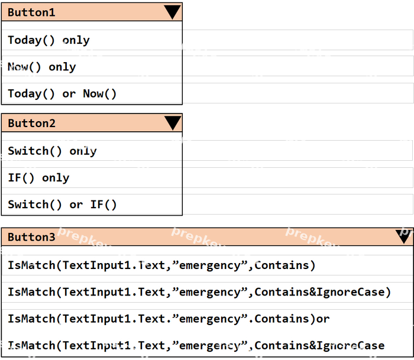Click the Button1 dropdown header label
pos(31,12)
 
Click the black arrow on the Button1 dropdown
pos(173,12)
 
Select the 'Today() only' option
pos(48,40)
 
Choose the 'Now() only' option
pos(42,67)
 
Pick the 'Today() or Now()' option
pos(62,94)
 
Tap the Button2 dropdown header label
pos(32,124)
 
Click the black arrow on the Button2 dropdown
pos(173,124)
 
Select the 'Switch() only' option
pos(52,151)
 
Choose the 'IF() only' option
pos(38,178)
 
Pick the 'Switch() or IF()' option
pos(62,205)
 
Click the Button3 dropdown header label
pos(31,237)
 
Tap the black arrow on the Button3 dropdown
pos(403,236)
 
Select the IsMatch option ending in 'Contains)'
pos(161,265)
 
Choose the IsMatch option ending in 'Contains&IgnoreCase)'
pos(199,293)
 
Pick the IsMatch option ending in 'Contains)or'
pos(169,319)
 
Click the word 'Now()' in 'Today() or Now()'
pos(100,94)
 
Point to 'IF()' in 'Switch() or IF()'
pos(103,205)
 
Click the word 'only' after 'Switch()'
pos(83,151)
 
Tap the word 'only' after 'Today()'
pos(76,40)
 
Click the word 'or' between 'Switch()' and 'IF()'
pos(76,205)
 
